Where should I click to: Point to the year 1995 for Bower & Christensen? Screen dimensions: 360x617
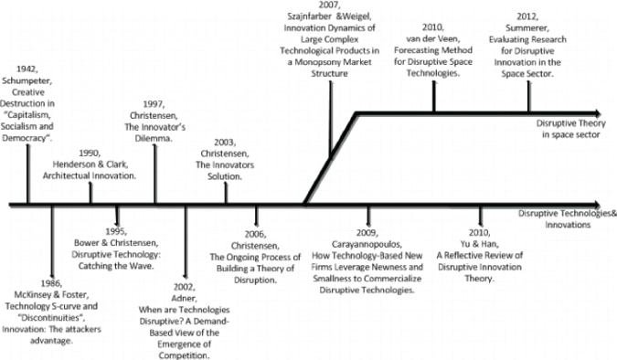pyautogui.click(x=117, y=233)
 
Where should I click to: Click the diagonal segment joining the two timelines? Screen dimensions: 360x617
pyautogui.click(x=329, y=160)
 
